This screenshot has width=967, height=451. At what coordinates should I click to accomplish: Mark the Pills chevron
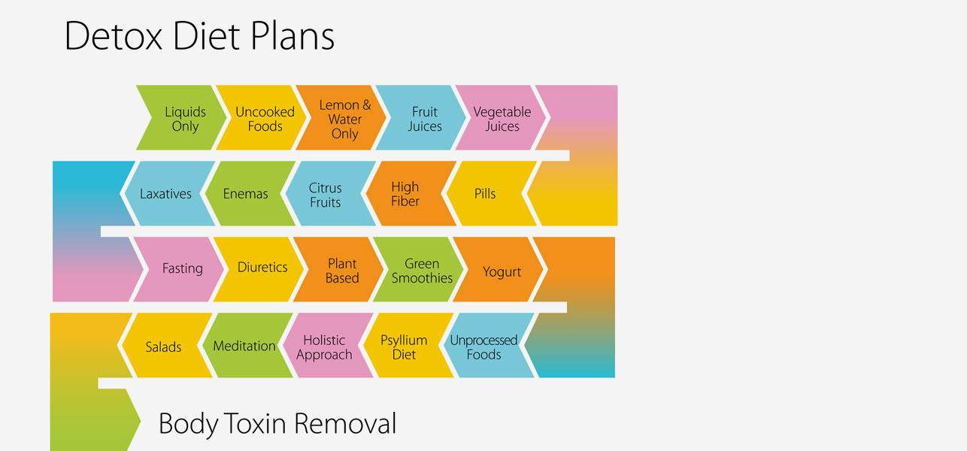(487, 193)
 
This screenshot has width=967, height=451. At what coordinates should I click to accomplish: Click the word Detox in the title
(114, 36)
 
